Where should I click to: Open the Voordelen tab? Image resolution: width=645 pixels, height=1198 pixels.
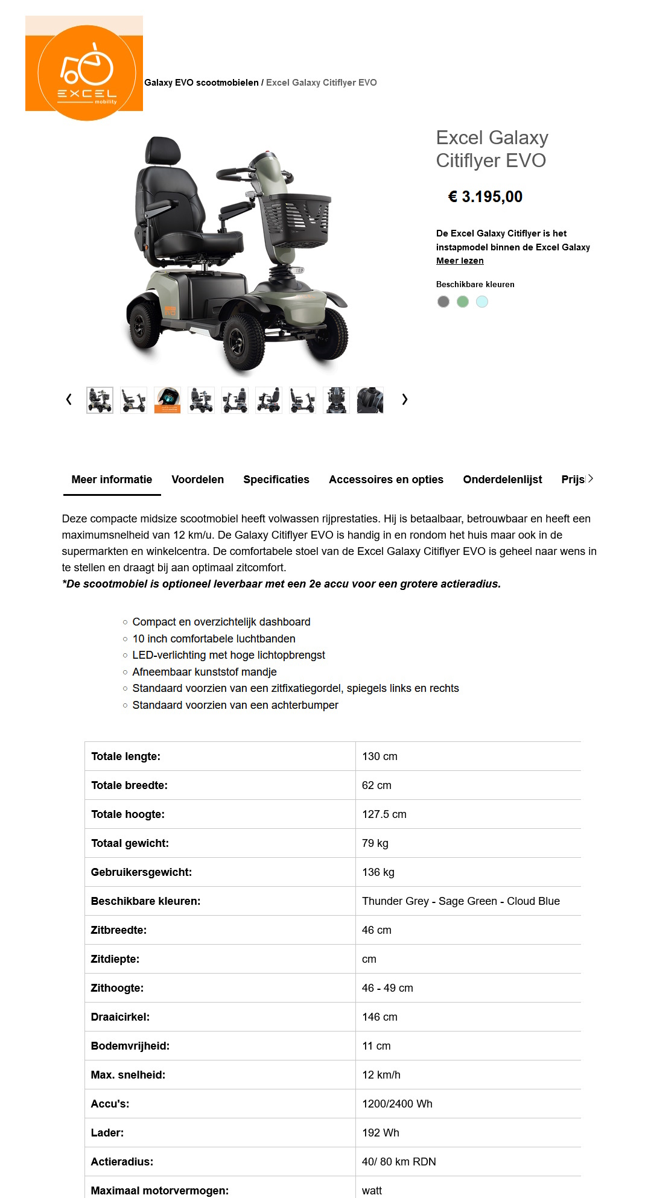tap(197, 480)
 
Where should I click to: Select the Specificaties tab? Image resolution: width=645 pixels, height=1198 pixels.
tap(276, 480)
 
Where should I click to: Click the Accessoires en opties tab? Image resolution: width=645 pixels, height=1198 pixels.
tap(386, 480)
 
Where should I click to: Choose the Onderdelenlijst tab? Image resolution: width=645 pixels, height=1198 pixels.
tap(502, 480)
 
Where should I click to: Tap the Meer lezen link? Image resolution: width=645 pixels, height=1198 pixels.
tap(460, 261)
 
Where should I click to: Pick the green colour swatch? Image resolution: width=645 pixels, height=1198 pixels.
tap(463, 302)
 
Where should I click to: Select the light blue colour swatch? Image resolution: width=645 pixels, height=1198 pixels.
tap(482, 302)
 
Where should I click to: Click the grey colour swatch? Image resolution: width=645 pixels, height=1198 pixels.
tap(443, 302)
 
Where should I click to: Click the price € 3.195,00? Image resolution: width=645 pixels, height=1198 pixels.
tap(485, 197)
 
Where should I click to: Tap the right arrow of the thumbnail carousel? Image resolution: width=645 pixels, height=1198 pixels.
tap(405, 399)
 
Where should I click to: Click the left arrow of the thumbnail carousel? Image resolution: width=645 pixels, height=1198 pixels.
tap(69, 399)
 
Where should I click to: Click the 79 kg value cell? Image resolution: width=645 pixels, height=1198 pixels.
tap(375, 843)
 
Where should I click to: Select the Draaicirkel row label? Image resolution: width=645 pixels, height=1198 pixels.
tap(120, 1017)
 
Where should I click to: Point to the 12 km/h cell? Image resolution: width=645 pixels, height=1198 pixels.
tap(381, 1075)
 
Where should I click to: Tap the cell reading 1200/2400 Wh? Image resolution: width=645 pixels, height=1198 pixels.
tap(397, 1104)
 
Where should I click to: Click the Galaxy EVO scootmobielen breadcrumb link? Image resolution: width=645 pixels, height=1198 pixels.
tap(201, 83)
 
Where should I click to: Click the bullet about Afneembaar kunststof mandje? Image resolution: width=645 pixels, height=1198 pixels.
tap(205, 672)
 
